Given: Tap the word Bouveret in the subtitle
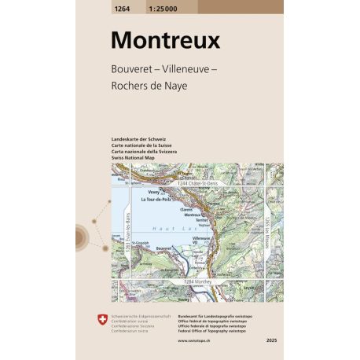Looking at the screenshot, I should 132,67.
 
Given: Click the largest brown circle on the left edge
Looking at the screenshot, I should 82,236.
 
